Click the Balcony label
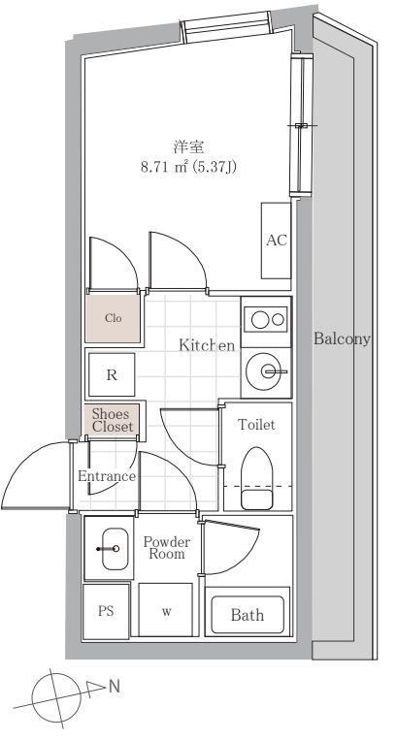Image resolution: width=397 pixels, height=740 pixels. coord(342,338)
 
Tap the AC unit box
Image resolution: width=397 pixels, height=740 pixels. coord(277,241)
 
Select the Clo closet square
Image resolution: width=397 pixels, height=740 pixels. coord(114,318)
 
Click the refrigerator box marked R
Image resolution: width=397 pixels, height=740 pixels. coord(112,375)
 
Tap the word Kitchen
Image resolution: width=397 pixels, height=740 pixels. coord(207,345)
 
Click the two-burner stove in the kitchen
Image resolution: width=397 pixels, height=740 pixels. coord(266,319)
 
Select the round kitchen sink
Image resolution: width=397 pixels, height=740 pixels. coord(264,371)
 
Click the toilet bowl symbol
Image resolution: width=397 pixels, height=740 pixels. coord(257,478)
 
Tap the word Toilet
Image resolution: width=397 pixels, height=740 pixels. coord(257,424)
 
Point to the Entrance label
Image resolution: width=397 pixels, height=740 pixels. coord(107,476)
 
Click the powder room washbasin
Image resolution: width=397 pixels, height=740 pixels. coord(115,548)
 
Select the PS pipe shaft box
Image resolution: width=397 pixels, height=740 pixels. coord(106,612)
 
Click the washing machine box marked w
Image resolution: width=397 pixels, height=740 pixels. coord(166,610)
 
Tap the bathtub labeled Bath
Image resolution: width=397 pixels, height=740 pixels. coord(248,615)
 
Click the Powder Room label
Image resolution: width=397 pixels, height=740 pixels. coord(167,547)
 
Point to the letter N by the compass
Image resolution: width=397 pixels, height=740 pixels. coord(115,687)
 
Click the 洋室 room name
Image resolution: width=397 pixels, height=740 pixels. coord(189,147)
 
